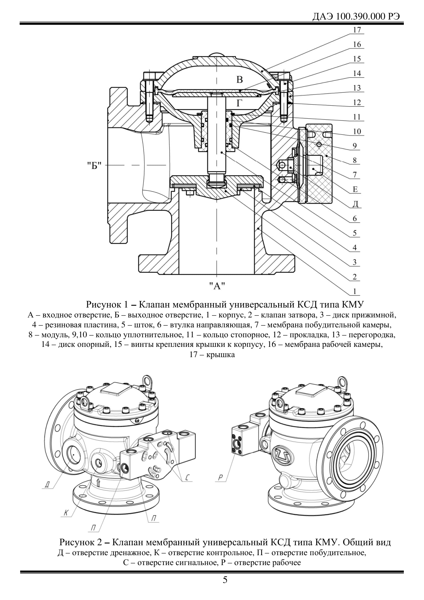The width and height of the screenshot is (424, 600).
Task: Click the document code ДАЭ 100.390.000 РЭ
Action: coord(356,17)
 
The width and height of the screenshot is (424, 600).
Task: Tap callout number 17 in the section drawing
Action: coord(357,30)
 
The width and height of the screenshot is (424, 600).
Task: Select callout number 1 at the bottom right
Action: coord(355,291)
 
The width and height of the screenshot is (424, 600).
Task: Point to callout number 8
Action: coord(355,160)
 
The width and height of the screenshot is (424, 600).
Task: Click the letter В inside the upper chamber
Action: coord(240,80)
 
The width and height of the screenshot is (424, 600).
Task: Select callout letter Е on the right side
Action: coord(355,189)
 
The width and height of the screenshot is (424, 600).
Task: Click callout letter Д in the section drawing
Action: coord(355,204)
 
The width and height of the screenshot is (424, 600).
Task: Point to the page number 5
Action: coord(225,580)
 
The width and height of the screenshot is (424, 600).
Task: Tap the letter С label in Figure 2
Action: coord(187,478)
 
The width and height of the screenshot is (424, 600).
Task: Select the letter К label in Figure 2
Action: coord(67,513)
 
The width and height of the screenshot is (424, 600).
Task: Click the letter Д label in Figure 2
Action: coord(48,484)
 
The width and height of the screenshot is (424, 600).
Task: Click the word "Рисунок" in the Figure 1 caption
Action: coord(103,304)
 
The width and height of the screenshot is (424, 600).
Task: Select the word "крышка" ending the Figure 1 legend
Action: coord(222,355)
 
